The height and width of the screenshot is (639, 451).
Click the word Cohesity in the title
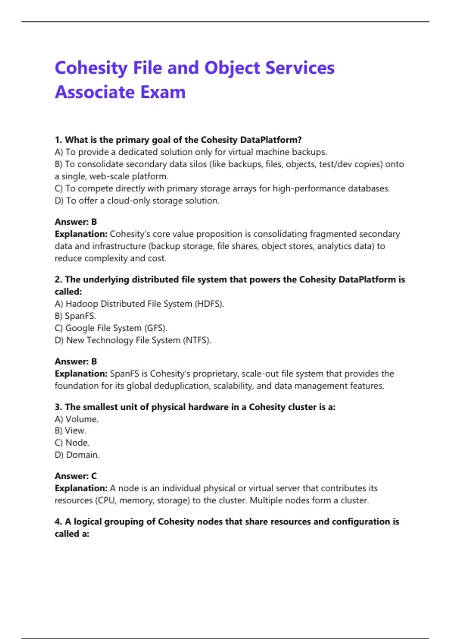91,68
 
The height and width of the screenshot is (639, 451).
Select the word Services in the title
300,68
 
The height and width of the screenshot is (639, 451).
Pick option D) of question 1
137,201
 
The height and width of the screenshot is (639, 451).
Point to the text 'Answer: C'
76,476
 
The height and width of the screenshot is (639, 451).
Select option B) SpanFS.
76,316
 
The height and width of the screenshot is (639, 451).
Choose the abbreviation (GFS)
156,328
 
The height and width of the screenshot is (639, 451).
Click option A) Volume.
77,419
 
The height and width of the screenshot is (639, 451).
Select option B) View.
71,431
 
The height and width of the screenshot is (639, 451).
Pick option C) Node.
72,443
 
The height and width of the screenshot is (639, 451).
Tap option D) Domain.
77,455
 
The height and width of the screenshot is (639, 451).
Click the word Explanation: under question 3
81,488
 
